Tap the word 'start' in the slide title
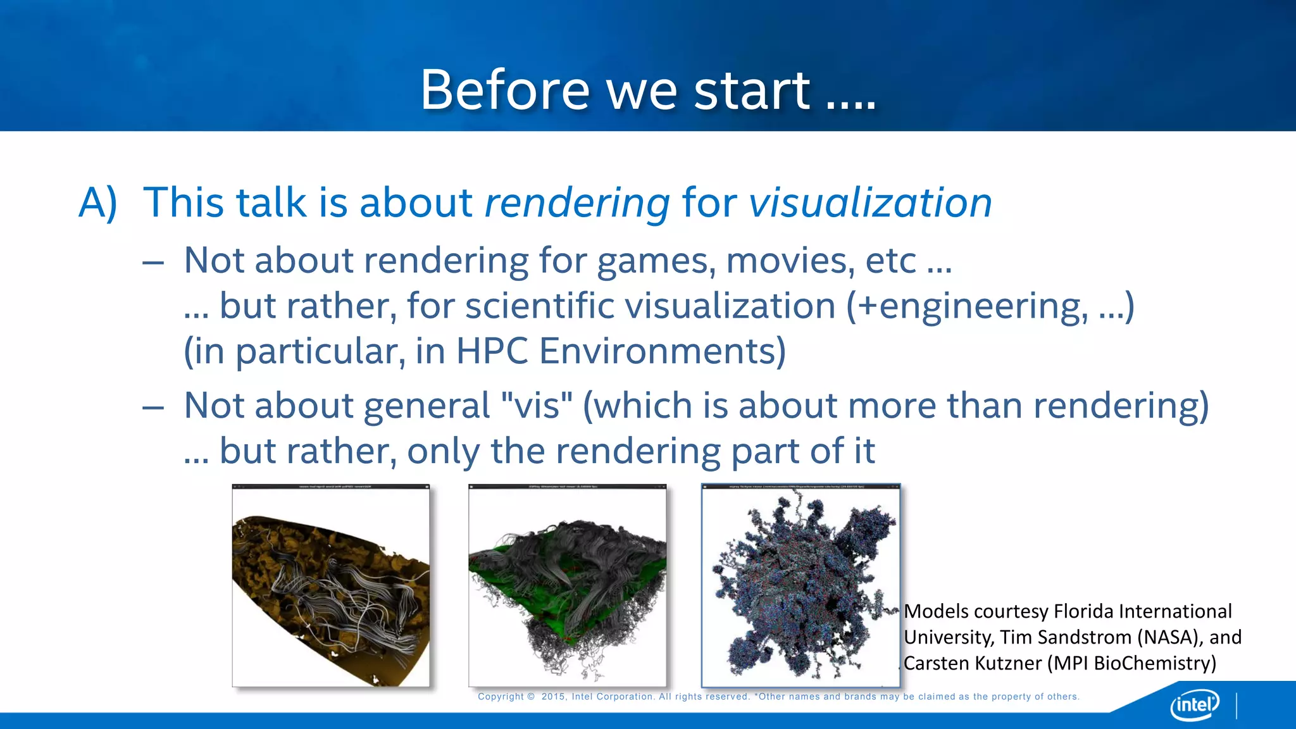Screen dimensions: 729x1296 (x=751, y=90)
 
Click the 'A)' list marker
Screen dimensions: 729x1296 (x=98, y=203)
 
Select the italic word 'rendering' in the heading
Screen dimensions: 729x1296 (x=576, y=203)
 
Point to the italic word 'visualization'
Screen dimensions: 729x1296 (x=870, y=203)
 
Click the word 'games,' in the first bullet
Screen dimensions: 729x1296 (x=656, y=261)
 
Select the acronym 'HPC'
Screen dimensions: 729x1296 (x=492, y=351)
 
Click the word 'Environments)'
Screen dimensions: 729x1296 (x=663, y=351)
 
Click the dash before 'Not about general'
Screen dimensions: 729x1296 (x=153, y=407)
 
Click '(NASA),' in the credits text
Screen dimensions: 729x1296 (x=1170, y=637)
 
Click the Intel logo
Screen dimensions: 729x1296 (x=1194, y=704)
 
